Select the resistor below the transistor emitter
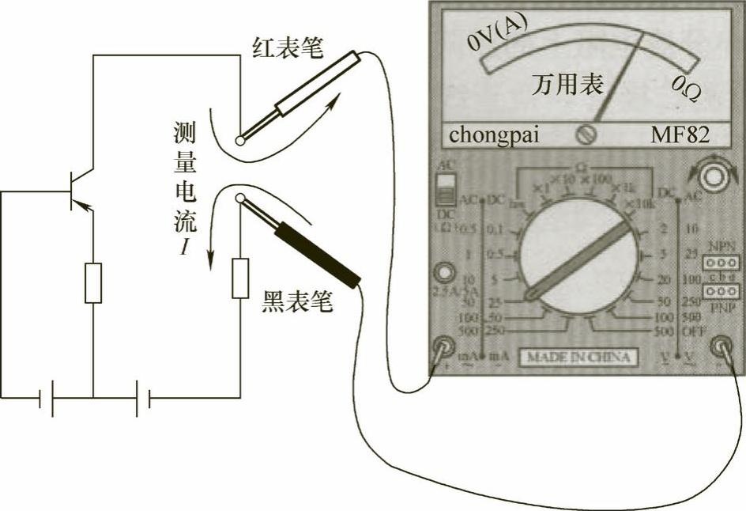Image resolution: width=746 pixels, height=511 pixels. point(93,282)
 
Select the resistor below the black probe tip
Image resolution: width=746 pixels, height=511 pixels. point(240,278)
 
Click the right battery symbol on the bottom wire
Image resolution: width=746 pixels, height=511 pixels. point(143,398)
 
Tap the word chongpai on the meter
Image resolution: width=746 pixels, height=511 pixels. point(494,134)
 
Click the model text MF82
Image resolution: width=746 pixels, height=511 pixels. point(680,134)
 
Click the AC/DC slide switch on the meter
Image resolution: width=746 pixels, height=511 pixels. point(447,191)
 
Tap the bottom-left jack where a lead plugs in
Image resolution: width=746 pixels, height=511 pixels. point(442,346)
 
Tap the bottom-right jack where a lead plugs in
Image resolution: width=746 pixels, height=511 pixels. point(721,346)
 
